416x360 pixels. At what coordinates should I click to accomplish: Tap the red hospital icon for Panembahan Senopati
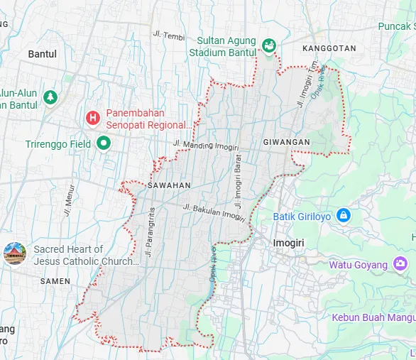[x=92, y=118]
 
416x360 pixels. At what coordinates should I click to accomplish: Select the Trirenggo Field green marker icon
[x=104, y=143]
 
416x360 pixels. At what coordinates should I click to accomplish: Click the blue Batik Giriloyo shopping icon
[x=343, y=214]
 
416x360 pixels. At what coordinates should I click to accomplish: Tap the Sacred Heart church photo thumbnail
[x=14, y=253]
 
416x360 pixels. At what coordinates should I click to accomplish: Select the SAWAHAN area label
[x=169, y=185]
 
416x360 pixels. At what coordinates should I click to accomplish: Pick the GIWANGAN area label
[x=286, y=143]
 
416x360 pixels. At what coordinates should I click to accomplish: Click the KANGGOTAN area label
[x=329, y=48]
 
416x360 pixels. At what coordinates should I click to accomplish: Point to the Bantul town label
[x=42, y=53]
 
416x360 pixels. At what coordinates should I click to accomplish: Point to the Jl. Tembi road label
[x=168, y=34]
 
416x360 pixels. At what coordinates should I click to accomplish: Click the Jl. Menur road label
[x=70, y=195]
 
